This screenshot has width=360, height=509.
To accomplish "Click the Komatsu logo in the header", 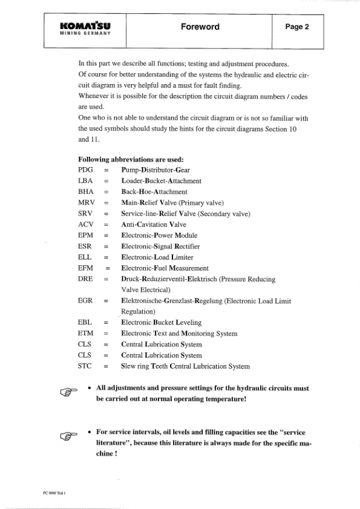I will [85, 28].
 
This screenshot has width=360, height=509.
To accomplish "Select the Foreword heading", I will [200, 27].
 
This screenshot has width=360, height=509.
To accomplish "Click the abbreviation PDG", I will [87, 170].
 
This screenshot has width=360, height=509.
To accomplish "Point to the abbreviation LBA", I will [87, 181].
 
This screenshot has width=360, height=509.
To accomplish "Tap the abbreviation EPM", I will [87, 235].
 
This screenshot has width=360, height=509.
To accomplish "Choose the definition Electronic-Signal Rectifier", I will [160, 246].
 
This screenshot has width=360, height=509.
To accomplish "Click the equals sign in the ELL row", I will [106, 257].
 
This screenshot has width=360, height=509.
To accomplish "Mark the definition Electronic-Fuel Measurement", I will [165, 268].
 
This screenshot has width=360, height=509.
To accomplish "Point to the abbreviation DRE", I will [87, 279].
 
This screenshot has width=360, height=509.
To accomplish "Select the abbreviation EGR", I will [87, 301].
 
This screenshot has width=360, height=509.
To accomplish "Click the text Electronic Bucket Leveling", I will [161, 323].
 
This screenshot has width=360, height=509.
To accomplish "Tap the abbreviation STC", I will [87, 366].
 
